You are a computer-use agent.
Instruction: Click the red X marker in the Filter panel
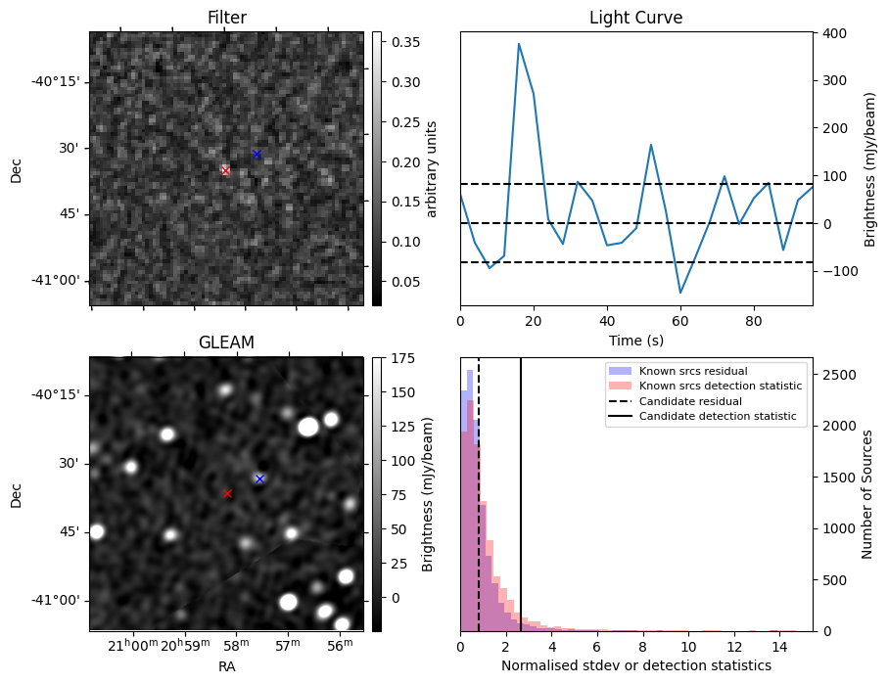(225, 170)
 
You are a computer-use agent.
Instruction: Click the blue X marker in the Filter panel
(257, 155)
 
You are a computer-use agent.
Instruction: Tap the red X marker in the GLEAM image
(228, 494)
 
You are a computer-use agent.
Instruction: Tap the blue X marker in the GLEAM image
(259, 479)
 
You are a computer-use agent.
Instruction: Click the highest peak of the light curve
(519, 43)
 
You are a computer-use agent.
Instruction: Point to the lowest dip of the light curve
(680, 293)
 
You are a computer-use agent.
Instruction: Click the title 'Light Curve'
(635, 18)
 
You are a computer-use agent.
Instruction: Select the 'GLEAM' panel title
(226, 342)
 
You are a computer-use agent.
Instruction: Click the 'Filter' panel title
(226, 18)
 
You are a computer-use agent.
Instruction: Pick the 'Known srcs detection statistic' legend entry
(720, 386)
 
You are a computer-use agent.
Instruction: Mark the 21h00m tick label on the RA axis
(132, 645)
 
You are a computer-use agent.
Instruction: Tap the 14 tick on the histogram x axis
(780, 646)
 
